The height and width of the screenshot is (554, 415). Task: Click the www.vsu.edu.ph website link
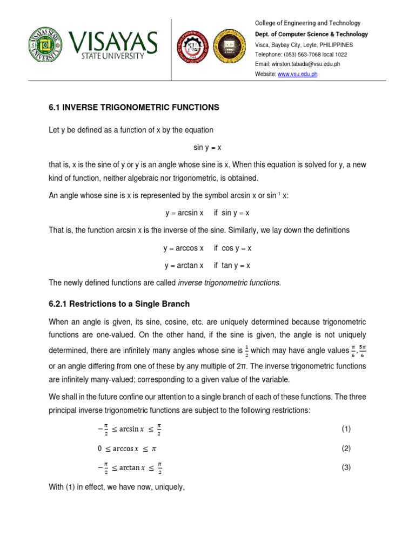[297, 74]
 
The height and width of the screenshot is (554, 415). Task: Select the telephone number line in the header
[300, 54]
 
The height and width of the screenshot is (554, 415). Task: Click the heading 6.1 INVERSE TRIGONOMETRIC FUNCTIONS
[134, 108]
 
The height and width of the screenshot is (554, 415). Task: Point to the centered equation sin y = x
[207, 147]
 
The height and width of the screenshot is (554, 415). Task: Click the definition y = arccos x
[184, 248]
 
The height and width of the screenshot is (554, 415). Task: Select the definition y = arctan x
[184, 266]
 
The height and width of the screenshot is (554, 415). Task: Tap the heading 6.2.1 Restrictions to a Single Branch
[119, 304]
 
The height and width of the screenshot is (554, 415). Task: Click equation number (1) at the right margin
[346, 429]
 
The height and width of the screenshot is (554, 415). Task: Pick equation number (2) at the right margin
[346, 449]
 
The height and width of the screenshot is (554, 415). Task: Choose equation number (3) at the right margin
[346, 468]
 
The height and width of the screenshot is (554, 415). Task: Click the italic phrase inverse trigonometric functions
[230, 283]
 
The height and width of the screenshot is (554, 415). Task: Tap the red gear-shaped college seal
[193, 46]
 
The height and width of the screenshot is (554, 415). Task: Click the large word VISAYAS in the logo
[113, 42]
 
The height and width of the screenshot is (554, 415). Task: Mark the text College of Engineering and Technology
[307, 23]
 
